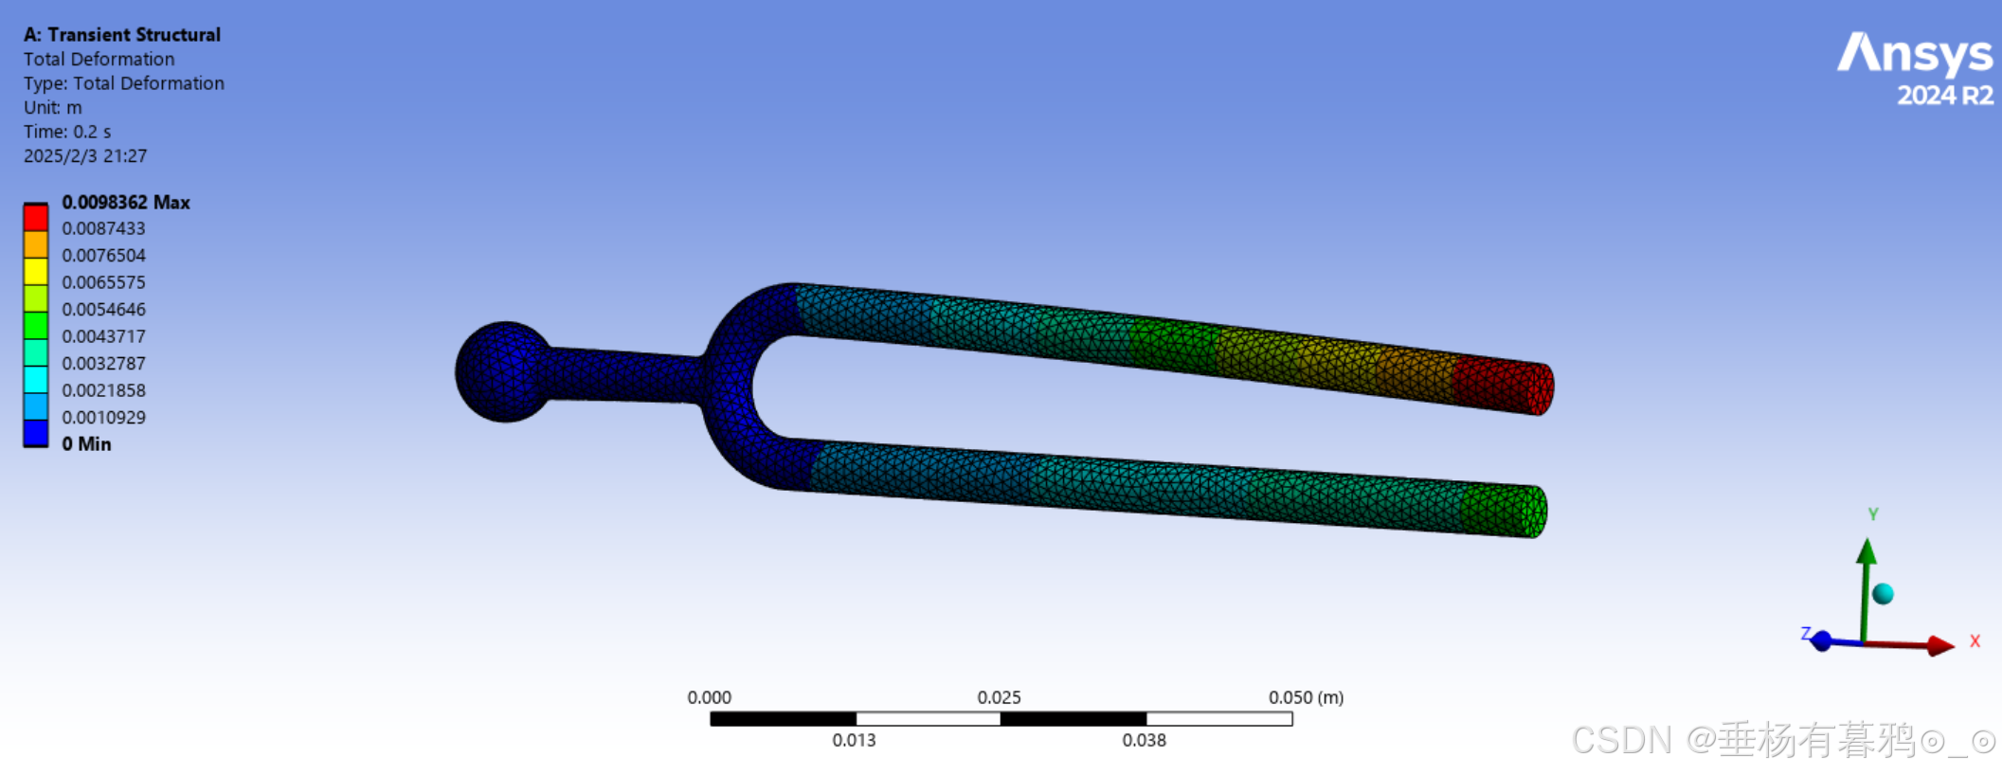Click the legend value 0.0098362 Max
[125, 203]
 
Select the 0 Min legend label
[86, 444]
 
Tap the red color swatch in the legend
[36, 218]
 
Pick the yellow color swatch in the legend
[36, 271]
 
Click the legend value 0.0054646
[103, 310]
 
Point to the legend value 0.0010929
[103, 418]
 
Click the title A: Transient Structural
[121, 35]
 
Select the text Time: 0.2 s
[67, 132]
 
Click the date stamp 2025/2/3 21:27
[85, 156]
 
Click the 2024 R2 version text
[1944, 96]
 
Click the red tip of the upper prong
[1506, 386]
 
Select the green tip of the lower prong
[1506, 511]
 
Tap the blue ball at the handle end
[504, 371]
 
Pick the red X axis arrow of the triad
[1933, 646]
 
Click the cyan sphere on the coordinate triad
[1883, 594]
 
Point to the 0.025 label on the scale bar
[999, 698]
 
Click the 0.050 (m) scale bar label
[1305, 698]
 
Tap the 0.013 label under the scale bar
[854, 741]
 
